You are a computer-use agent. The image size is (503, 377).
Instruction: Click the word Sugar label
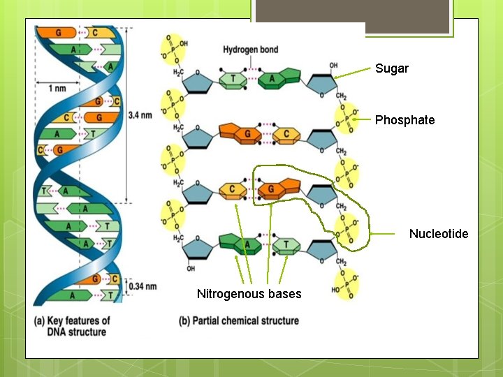pyautogui.click(x=391, y=68)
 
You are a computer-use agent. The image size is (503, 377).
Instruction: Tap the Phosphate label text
pyautogui.click(x=404, y=120)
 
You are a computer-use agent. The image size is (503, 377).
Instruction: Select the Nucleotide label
pyautogui.click(x=438, y=233)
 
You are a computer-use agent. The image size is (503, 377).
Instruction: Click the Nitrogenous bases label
pyautogui.click(x=249, y=294)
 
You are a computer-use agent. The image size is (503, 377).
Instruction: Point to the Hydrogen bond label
pyautogui.click(x=250, y=50)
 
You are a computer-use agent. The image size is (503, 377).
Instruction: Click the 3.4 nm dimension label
pyautogui.click(x=140, y=115)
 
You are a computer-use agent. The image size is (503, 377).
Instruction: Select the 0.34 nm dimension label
pyautogui.click(x=143, y=286)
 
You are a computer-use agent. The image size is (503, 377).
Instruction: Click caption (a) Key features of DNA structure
pyautogui.click(x=72, y=326)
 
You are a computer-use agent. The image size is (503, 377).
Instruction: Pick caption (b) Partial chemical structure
pyautogui.click(x=239, y=321)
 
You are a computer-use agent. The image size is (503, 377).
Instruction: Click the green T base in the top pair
pyautogui.click(x=233, y=80)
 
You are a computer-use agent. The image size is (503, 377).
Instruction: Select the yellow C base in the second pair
pyautogui.click(x=286, y=134)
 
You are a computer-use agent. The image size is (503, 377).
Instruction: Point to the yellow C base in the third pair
pyautogui.click(x=233, y=190)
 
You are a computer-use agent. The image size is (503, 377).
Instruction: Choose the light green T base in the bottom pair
pyautogui.click(x=286, y=245)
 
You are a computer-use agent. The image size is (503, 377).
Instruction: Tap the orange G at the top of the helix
pyautogui.click(x=59, y=32)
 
